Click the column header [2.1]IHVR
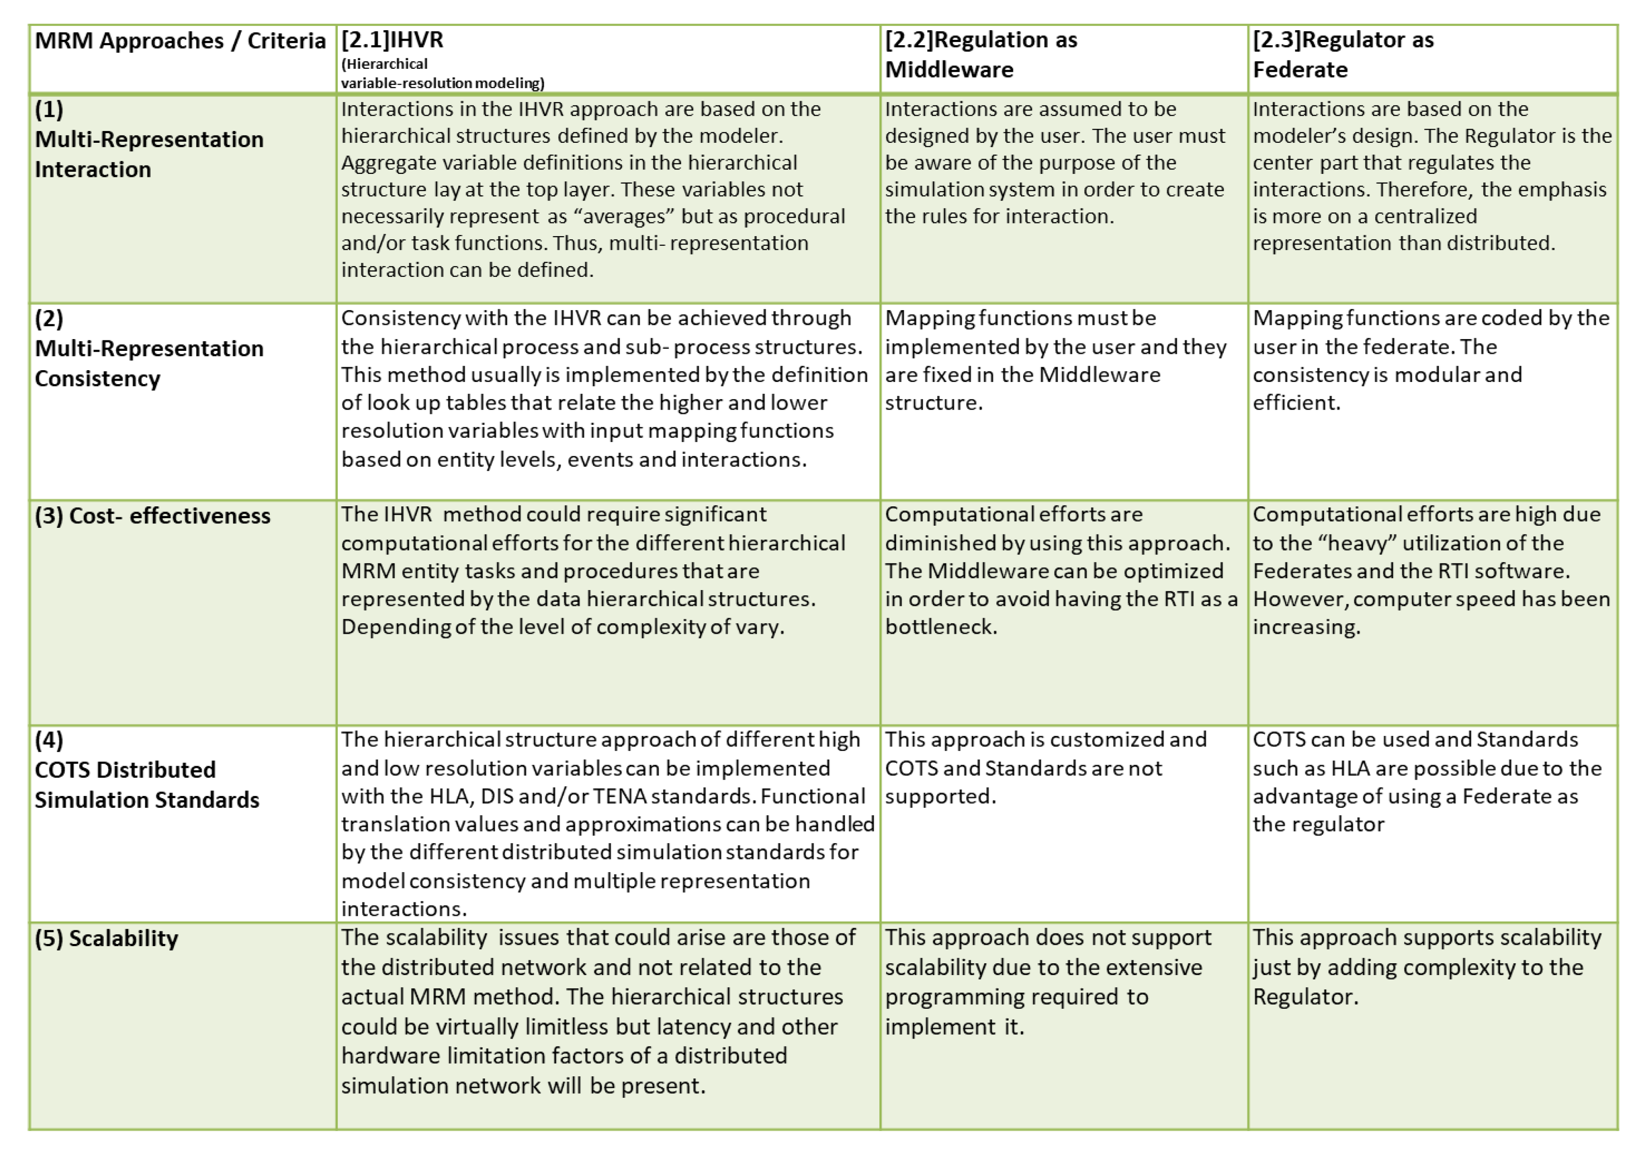tap(392, 39)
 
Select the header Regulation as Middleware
tap(981, 54)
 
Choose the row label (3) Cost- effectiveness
tap(152, 516)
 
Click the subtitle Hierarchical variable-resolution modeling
tap(442, 74)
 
